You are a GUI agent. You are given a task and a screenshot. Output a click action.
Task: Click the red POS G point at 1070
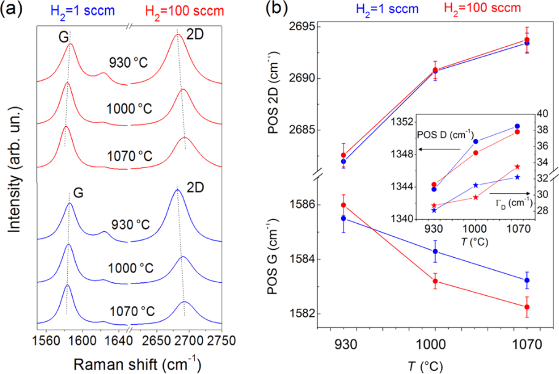(x=527, y=307)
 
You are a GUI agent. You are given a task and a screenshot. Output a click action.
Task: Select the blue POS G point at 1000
(x=435, y=251)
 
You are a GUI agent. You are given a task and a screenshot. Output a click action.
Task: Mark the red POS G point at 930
(x=344, y=205)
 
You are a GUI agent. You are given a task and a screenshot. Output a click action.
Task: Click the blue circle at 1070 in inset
(x=517, y=126)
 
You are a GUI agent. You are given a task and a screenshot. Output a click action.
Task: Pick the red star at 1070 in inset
(x=517, y=167)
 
